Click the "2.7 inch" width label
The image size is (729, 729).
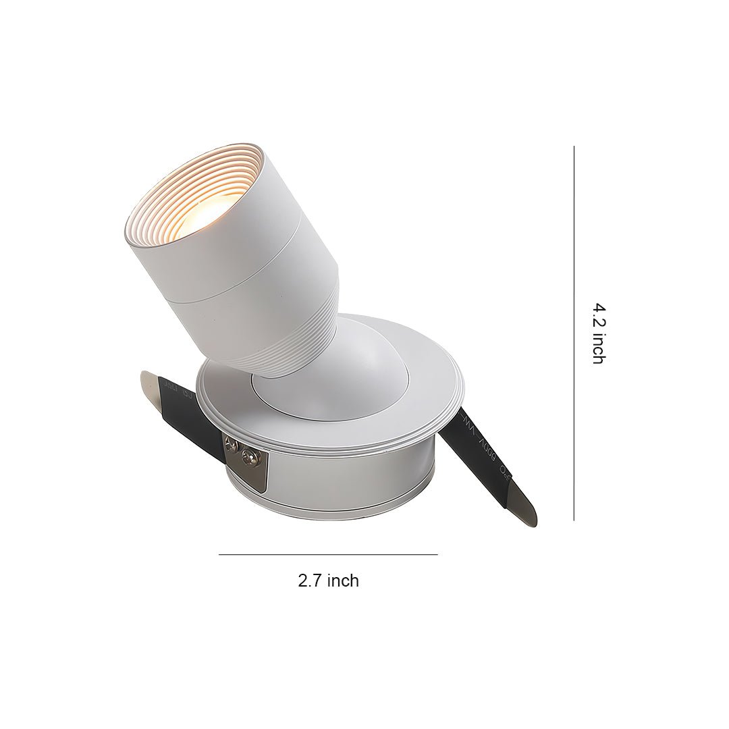click(328, 580)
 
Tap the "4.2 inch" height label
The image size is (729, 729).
click(598, 333)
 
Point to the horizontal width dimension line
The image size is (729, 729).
click(328, 555)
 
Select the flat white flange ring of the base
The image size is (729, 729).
click(432, 398)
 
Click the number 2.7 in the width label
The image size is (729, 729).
click(310, 580)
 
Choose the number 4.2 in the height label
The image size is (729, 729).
click(598, 316)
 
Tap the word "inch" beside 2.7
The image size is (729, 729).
click(342, 580)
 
